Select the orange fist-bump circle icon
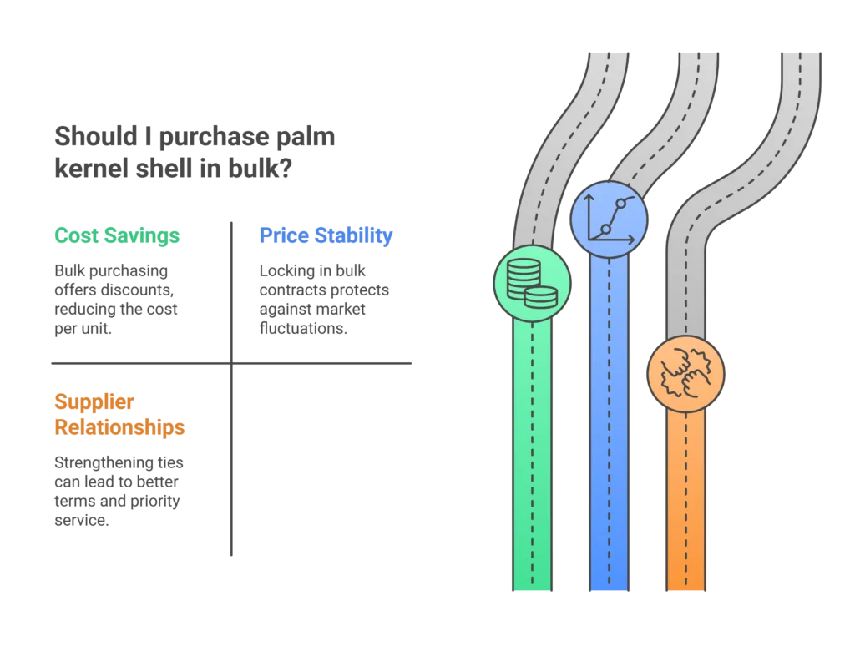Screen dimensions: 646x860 [686, 374]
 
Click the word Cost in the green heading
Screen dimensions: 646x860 [79, 236]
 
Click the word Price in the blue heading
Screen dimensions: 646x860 [282, 236]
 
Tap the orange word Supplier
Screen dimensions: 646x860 [94, 401]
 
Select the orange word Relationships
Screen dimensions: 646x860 [119, 428]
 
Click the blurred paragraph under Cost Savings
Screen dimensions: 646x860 [117, 300]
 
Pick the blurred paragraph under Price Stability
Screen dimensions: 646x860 [321, 300]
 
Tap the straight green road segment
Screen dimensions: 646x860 [532, 459]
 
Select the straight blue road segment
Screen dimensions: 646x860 [609, 417]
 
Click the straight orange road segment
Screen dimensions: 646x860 [686, 501]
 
